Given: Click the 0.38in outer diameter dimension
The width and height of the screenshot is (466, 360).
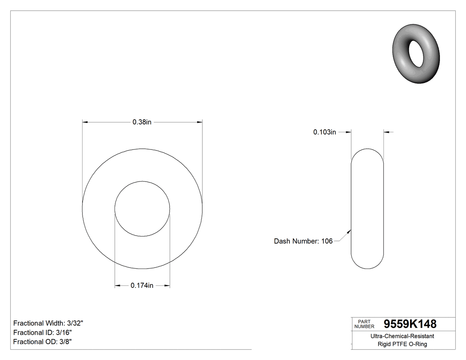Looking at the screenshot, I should tap(142, 122).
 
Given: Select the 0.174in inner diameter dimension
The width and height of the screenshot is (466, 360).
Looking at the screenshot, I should tap(142, 286).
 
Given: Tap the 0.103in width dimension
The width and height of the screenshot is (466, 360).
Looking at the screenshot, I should tap(324, 132).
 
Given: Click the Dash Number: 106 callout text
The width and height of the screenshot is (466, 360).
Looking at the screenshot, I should tap(303, 241).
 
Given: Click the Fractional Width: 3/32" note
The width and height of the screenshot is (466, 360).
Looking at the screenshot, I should tap(48, 323).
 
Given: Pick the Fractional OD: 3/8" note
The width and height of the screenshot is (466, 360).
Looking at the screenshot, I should tap(42, 342).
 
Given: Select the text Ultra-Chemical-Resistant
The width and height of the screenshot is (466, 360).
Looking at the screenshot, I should tap(402, 336).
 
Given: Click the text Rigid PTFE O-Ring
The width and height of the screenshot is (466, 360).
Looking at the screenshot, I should tap(402, 344).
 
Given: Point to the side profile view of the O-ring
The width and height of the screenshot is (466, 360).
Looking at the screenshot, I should tap(367, 209).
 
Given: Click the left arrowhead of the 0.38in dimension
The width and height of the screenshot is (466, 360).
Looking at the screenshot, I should tap(85, 122).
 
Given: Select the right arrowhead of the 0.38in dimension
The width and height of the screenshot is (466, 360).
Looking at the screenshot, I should tap(200, 122).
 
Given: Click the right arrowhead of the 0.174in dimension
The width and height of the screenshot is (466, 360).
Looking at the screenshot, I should tap(168, 286).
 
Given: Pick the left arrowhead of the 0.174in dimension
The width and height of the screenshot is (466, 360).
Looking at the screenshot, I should tap(117, 286).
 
